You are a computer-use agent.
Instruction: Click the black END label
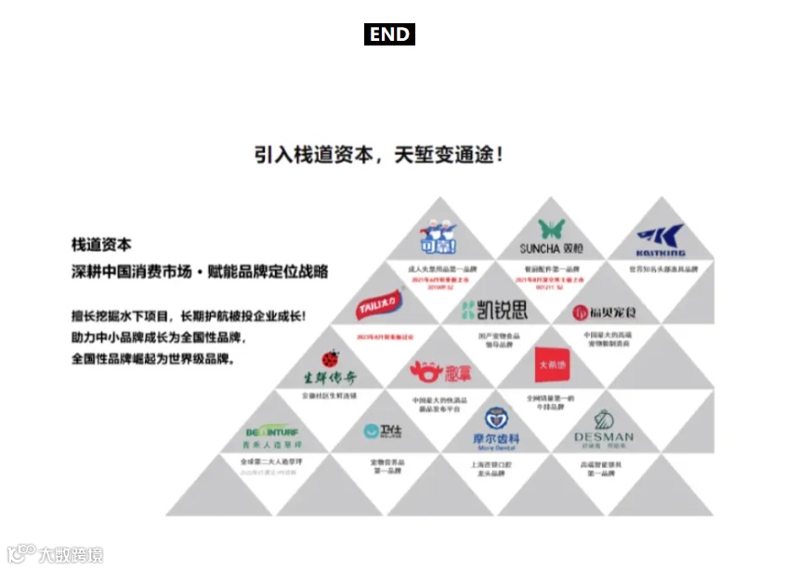(x=389, y=34)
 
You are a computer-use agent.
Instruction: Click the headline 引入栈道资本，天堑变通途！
(x=379, y=154)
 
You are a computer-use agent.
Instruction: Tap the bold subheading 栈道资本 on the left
(x=101, y=244)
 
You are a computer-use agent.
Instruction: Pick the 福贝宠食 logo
(x=606, y=313)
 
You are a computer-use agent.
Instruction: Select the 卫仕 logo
(x=381, y=431)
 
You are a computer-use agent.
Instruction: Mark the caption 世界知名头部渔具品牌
(x=662, y=269)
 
